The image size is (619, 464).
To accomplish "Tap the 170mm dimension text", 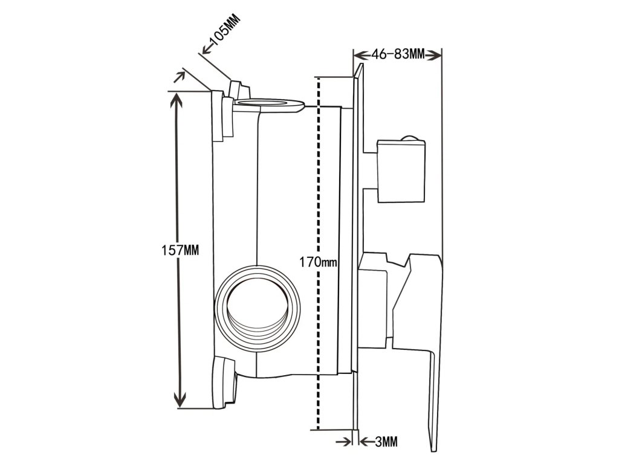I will [x=319, y=263].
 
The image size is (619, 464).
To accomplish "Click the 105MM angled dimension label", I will [x=222, y=33].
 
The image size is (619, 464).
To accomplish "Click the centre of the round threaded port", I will [x=259, y=300].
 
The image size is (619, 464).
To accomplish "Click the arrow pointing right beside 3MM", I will [x=347, y=442].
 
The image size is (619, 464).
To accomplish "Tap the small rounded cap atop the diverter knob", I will [x=410, y=138].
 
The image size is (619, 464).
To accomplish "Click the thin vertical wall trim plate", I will [x=357, y=254].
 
